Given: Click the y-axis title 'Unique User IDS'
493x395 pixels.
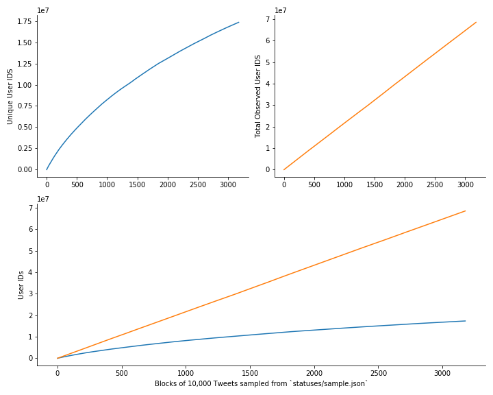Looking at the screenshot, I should coord(10,96).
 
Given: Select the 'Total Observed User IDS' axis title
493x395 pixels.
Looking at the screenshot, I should coord(258,96).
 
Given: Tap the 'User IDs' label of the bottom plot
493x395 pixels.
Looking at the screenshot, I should coord(21,284).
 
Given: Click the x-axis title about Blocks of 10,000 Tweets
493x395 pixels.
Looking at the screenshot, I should coord(262,383).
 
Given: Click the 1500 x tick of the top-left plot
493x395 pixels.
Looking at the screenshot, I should coord(137,184).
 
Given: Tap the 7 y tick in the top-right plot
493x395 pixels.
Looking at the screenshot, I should coord(268,19).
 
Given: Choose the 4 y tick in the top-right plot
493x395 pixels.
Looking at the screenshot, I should coord(268,84).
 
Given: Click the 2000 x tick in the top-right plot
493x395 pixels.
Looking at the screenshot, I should coord(405,184).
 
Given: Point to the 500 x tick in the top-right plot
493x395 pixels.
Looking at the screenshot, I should coord(314,184).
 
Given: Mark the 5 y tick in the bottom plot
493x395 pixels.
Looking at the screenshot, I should coord(31,251).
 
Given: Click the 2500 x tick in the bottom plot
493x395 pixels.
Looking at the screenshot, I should coord(378,373).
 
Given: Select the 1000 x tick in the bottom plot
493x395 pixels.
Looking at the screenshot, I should coord(186,373).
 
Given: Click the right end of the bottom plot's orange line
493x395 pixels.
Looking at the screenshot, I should coord(466,211).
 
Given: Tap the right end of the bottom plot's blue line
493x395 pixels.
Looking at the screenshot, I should coord(466,321).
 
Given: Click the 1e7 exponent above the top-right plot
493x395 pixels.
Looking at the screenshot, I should coord(281,10).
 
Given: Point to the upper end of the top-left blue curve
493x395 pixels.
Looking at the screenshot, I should coord(239,22).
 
